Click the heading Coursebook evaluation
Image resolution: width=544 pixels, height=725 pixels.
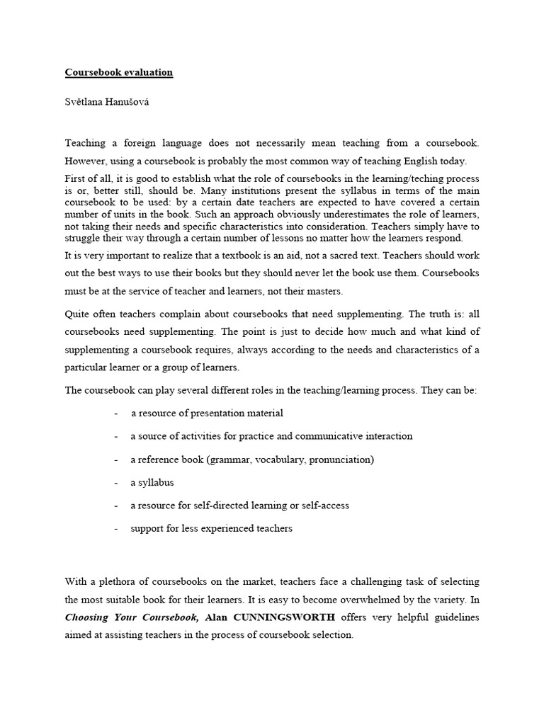point(119,72)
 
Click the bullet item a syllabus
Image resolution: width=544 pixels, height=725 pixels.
point(152,483)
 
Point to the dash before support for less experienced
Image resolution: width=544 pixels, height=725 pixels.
point(115,529)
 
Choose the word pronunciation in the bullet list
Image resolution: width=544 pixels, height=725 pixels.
point(339,459)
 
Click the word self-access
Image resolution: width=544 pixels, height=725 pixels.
point(325,506)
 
